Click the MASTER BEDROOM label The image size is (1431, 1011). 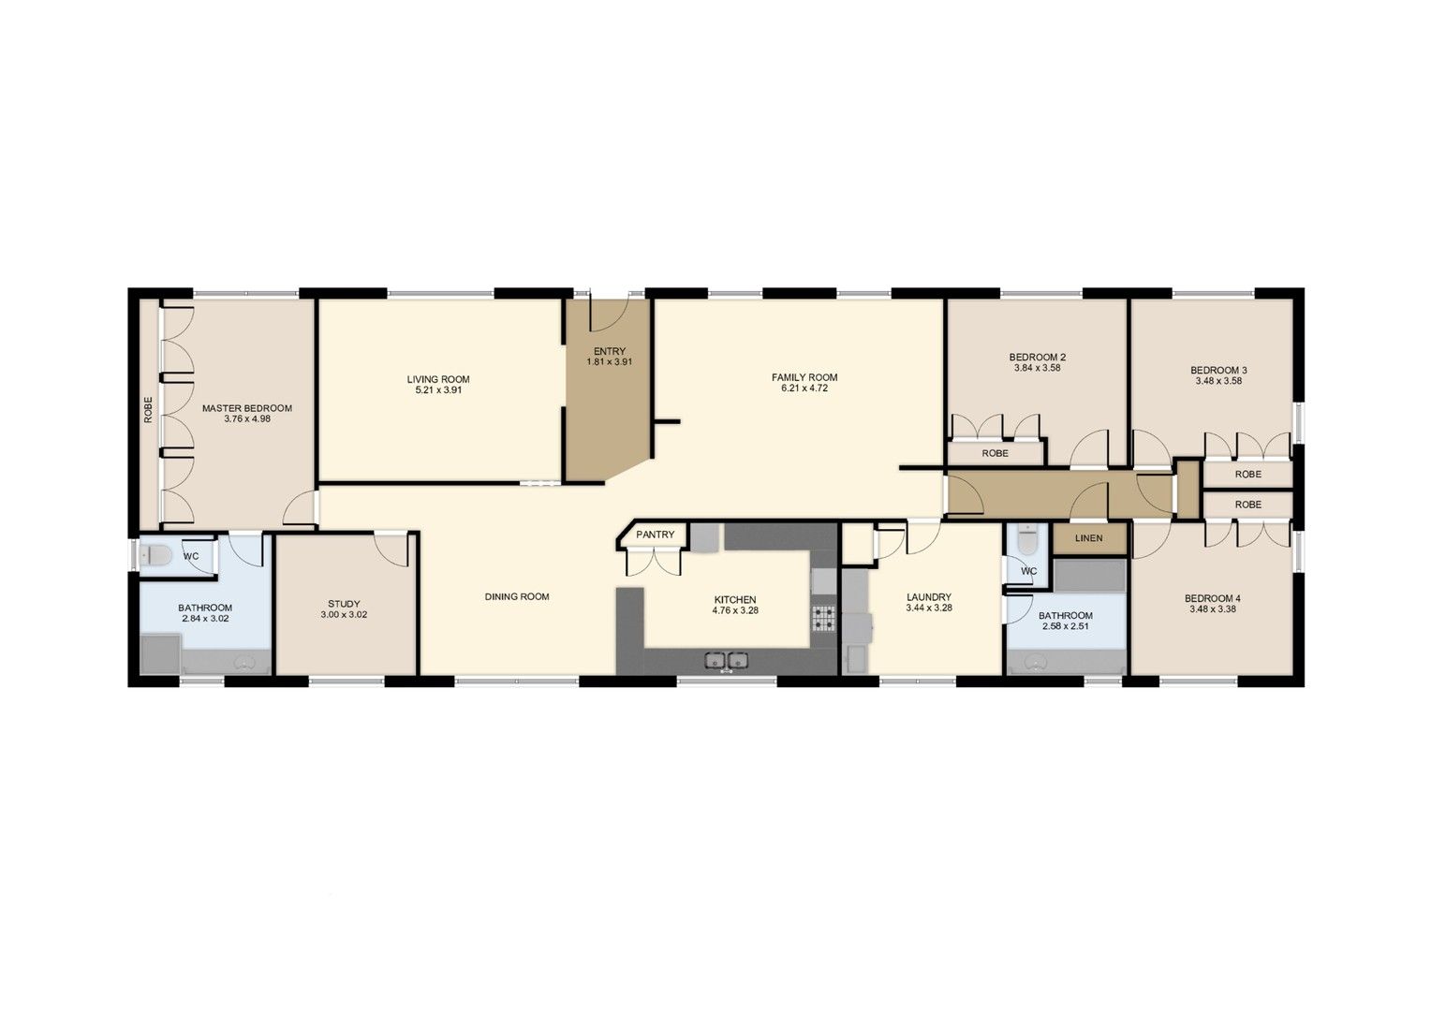click(247, 408)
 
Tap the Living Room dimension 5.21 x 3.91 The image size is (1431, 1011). click(438, 390)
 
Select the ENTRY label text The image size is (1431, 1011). click(610, 351)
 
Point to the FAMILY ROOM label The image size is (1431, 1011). click(804, 377)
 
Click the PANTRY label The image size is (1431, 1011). click(655, 535)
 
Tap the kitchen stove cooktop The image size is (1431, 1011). click(823, 618)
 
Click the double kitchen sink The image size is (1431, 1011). click(727, 661)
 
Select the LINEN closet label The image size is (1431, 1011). click(1088, 538)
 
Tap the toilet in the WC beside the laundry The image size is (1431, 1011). click(1027, 540)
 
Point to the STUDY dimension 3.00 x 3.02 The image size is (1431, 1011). click(344, 615)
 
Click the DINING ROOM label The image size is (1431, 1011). click(517, 596)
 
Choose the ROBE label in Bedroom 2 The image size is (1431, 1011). click(996, 453)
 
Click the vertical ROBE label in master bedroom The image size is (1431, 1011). click(148, 410)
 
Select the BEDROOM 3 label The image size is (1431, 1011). click(1217, 370)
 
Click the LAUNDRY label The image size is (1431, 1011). click(928, 596)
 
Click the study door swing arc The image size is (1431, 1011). click(393, 548)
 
